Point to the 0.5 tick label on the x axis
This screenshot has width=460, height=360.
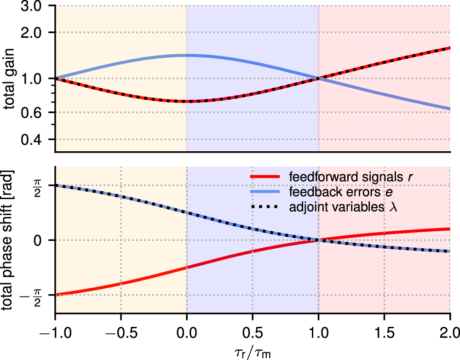252,331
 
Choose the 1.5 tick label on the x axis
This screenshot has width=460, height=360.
384,331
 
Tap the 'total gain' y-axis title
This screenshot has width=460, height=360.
9,79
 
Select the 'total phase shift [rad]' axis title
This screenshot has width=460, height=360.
9,240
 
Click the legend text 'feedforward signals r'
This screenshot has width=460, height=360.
343,177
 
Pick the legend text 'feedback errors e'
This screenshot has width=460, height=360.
336,192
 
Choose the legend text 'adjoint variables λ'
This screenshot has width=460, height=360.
343,207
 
